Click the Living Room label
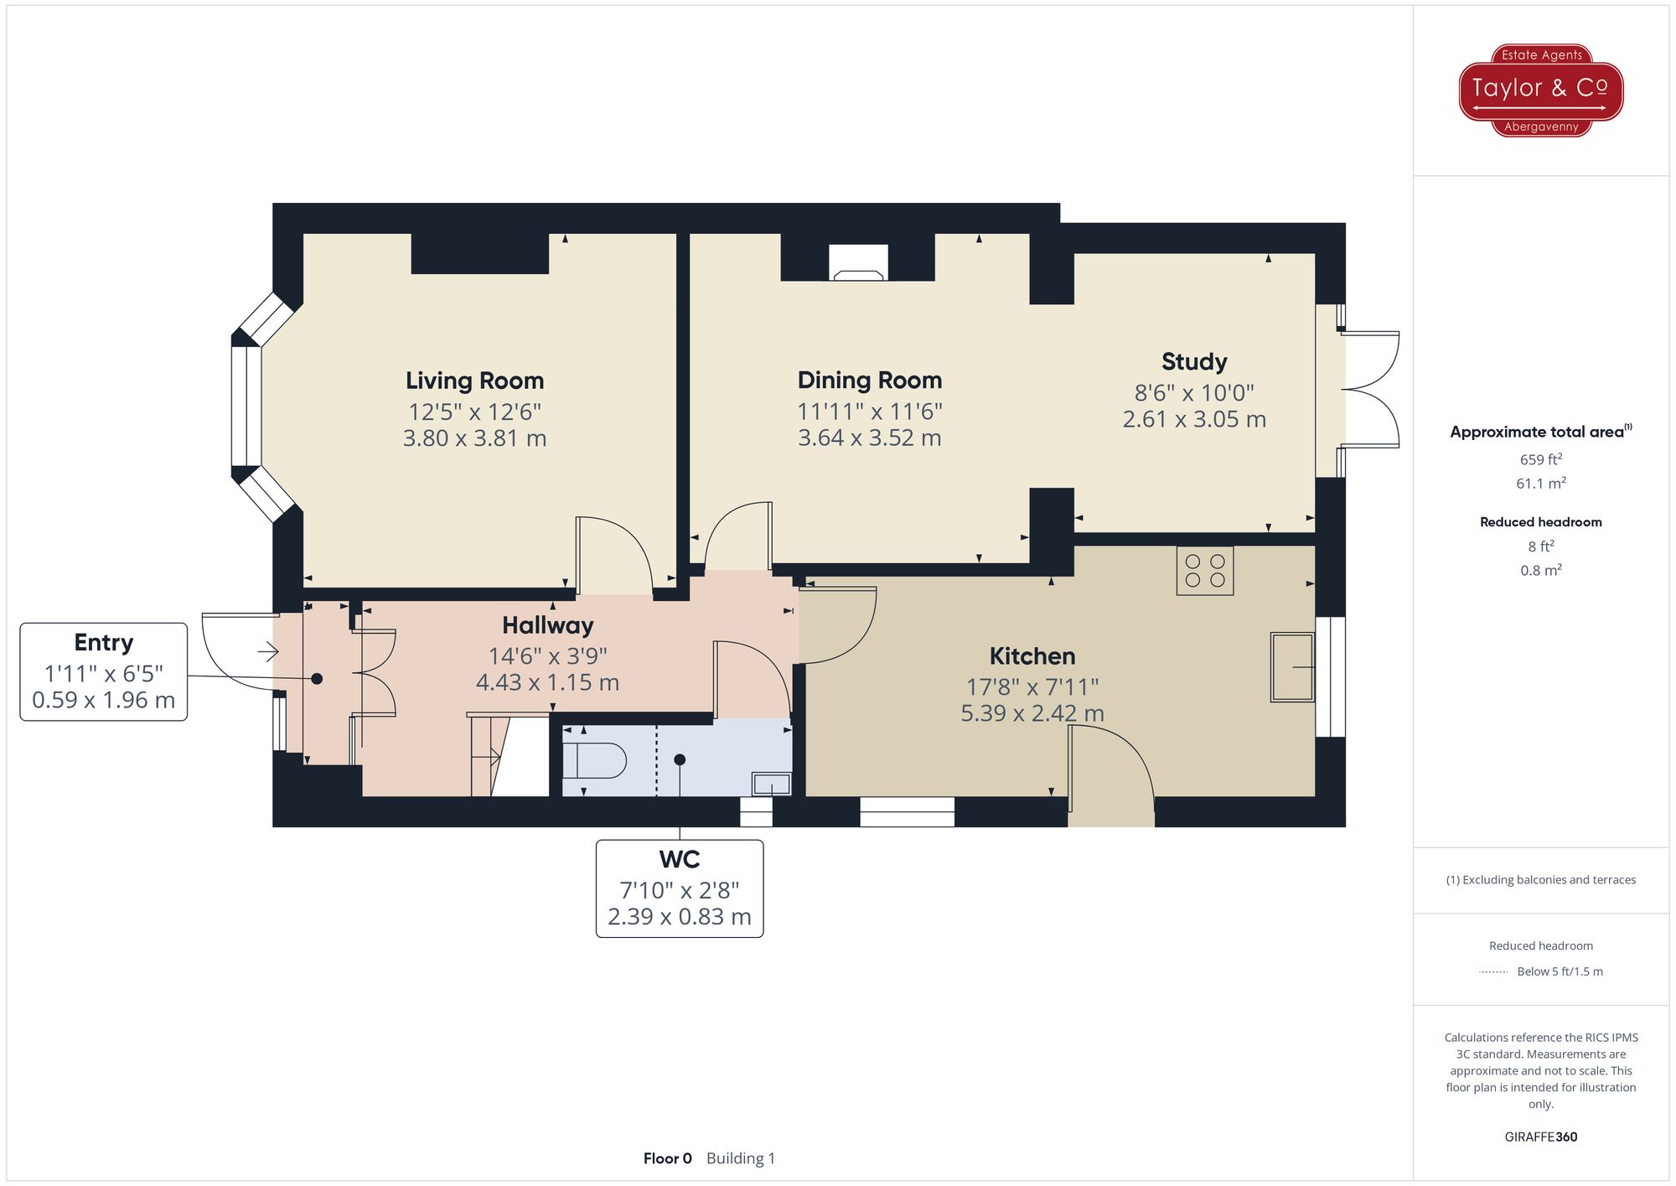click(474, 381)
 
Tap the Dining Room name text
click(870, 381)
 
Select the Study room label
click(1194, 361)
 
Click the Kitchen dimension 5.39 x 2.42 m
click(1032, 713)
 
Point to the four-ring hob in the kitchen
click(1205, 571)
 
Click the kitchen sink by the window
click(1292, 666)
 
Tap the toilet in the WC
click(594, 761)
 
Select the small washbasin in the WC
click(771, 784)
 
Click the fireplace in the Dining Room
click(858, 262)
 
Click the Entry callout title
click(104, 643)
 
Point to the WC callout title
click(680, 860)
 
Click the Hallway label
click(548, 626)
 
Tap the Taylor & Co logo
click(1541, 91)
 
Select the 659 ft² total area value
click(1541, 459)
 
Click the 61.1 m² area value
click(1541, 484)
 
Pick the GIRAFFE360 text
click(1541, 1137)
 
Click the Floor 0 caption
click(668, 1158)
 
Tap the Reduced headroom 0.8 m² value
click(1541, 571)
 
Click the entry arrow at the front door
click(267, 650)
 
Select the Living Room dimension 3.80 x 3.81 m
click(474, 438)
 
